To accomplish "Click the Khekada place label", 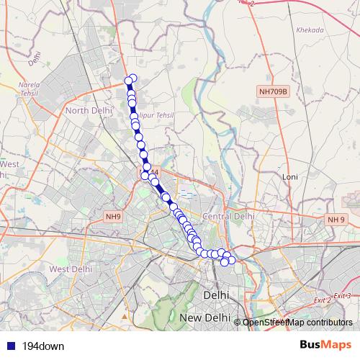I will pos(309,30).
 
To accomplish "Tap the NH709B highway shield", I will pos(273,91).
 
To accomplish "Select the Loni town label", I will pos(290,176).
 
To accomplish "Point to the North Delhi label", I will pos(86,110).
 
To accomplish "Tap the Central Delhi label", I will pos(229,216).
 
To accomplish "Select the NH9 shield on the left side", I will pos(113,216).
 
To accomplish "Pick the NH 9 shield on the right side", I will pos(336,219).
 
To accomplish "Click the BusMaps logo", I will pos(325,345).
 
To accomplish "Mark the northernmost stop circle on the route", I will pos(132,78).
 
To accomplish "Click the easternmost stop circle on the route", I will pos(232,260).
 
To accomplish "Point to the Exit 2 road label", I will pos(322,299).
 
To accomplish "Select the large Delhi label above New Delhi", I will pos(216,295).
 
